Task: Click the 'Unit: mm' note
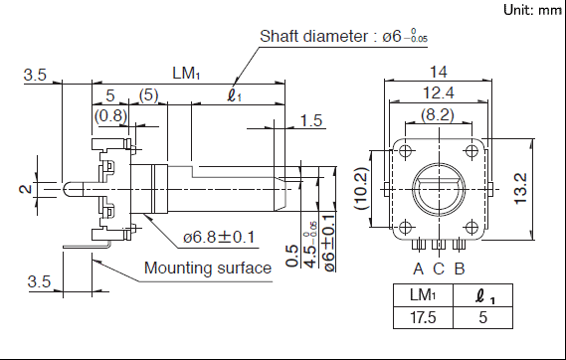(532, 10)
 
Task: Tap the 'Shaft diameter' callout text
(313, 36)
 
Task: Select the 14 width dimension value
(439, 73)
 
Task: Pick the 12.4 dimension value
(439, 93)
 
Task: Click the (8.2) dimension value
(438, 114)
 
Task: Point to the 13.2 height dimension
(521, 189)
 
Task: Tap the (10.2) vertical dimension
(361, 188)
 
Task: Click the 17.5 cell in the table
(423, 318)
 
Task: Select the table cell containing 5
(483, 318)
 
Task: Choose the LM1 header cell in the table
(423, 295)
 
